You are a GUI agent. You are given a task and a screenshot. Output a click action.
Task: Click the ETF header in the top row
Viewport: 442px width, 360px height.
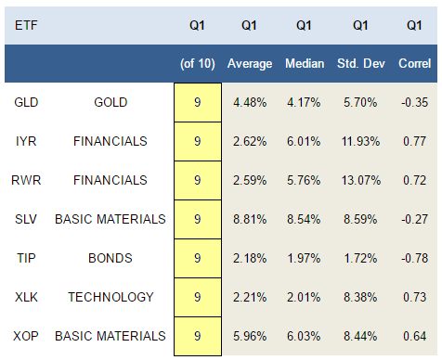[26, 25]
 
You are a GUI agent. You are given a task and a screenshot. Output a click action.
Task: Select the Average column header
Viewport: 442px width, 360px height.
[250, 64]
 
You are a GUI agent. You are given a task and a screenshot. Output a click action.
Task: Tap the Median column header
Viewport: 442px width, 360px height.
[305, 63]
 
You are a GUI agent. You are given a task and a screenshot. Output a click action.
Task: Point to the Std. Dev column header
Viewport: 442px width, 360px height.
[361, 63]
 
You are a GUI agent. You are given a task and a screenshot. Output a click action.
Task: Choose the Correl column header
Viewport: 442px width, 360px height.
[415, 63]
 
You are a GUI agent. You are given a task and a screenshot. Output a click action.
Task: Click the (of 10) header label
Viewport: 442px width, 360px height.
[198, 64]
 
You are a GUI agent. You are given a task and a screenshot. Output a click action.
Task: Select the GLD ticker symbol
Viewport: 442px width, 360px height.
[26, 102]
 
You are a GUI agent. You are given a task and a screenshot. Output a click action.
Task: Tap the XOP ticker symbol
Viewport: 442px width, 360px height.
[26, 336]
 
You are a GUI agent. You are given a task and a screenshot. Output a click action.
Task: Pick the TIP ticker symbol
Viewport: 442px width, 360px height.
[26, 258]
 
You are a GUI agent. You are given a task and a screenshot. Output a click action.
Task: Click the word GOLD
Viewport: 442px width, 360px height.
[110, 102]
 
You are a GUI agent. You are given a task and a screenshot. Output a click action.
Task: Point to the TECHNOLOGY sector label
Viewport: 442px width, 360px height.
[110, 297]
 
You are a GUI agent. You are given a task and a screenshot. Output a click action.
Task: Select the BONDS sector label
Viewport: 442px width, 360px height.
[110, 258]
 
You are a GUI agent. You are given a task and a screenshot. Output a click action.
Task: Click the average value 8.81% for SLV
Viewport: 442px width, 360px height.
[250, 219]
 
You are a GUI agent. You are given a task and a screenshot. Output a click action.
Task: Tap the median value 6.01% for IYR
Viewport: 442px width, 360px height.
[304, 141]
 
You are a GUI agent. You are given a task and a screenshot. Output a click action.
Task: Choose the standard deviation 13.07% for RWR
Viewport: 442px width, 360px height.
[361, 180]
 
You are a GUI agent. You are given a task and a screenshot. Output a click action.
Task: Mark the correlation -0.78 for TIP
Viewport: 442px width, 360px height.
[415, 258]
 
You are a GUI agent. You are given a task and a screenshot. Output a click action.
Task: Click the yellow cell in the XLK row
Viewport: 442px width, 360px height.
[198, 297]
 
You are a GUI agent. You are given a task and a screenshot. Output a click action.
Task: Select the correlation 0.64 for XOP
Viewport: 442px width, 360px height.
[415, 336]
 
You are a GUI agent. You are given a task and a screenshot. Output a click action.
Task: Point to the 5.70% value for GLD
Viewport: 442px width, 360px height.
[360, 102]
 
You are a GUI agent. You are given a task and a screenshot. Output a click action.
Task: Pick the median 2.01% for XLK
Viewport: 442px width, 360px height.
[304, 297]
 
